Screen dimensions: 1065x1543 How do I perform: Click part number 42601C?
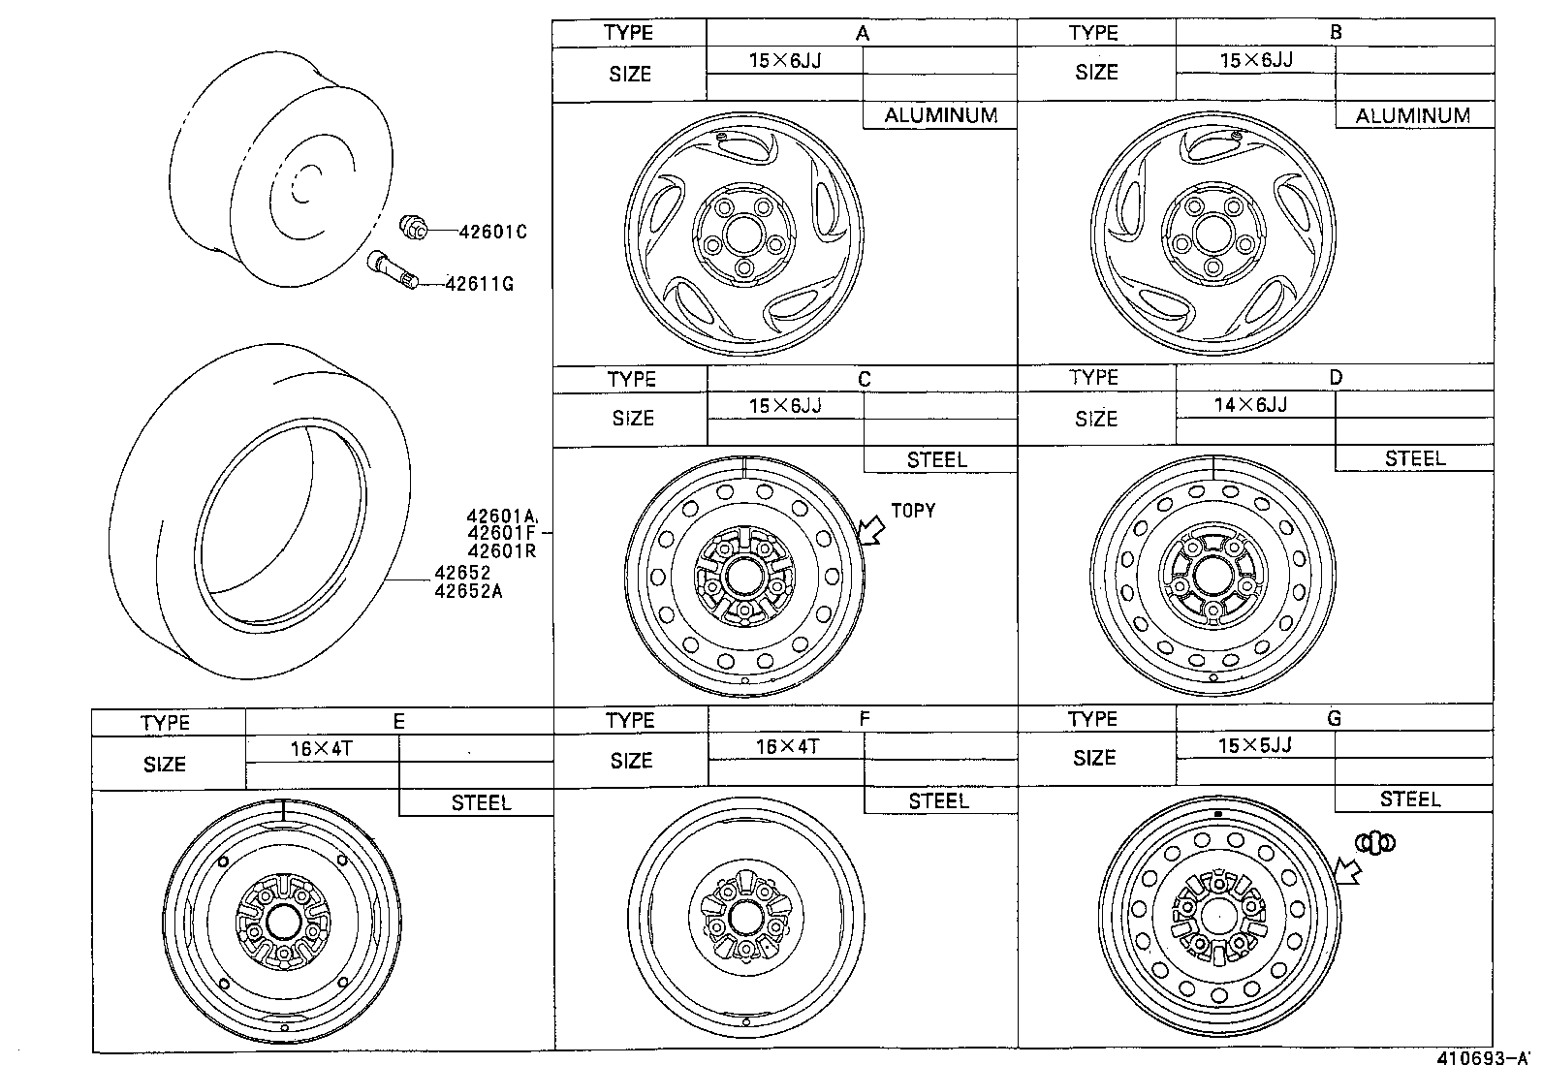(492, 233)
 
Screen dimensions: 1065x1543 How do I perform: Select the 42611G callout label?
(479, 284)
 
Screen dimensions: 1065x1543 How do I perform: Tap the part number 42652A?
(468, 590)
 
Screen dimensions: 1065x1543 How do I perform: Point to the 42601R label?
(501, 551)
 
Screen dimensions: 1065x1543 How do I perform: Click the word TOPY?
(912, 511)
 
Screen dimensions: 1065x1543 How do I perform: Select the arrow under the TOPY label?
(872, 531)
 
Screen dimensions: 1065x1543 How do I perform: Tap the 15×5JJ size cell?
(1254, 745)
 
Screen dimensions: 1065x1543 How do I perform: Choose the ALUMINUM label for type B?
(1412, 115)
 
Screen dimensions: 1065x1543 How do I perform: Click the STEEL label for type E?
(481, 802)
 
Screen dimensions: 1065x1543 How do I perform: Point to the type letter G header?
(1334, 718)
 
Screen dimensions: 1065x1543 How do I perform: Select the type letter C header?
(864, 379)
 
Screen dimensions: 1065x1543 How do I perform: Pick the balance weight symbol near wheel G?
(1375, 843)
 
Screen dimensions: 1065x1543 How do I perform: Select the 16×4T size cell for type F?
(786, 745)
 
